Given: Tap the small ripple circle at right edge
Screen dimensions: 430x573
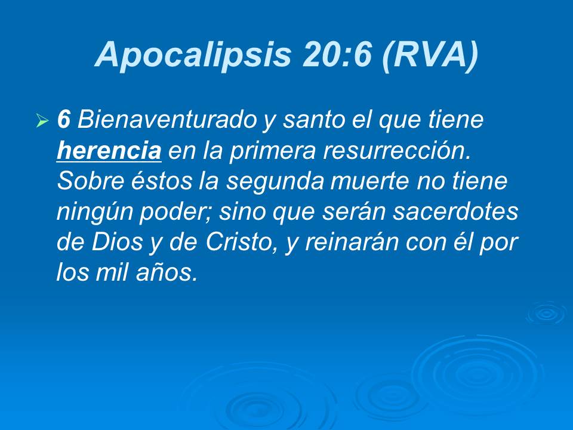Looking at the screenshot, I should coord(546,313).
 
